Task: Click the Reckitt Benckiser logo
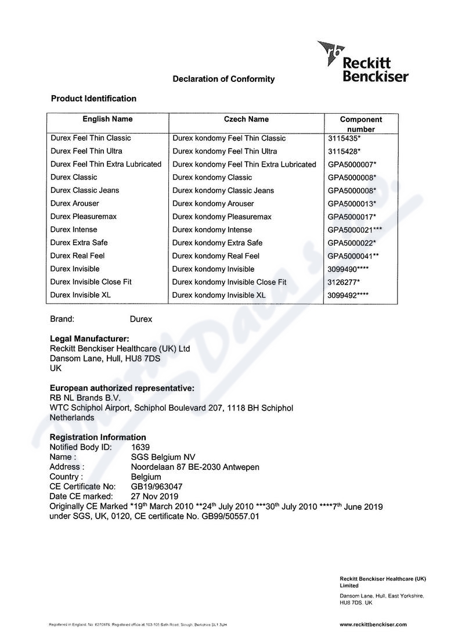click(x=363, y=62)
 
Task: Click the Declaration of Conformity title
click(x=223, y=79)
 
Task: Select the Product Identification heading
click(x=93, y=99)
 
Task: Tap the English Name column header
click(x=107, y=119)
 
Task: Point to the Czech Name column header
click(x=246, y=119)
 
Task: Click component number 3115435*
click(x=344, y=138)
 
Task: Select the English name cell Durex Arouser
click(x=74, y=203)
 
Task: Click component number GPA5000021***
click(x=355, y=230)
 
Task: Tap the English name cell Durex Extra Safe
click(x=79, y=243)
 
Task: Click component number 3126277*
click(x=344, y=282)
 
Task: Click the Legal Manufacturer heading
click(x=89, y=339)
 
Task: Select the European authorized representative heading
click(x=122, y=388)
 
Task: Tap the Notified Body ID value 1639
click(x=140, y=447)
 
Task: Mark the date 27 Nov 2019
click(x=155, y=496)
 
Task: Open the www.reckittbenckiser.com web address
click(x=373, y=624)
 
